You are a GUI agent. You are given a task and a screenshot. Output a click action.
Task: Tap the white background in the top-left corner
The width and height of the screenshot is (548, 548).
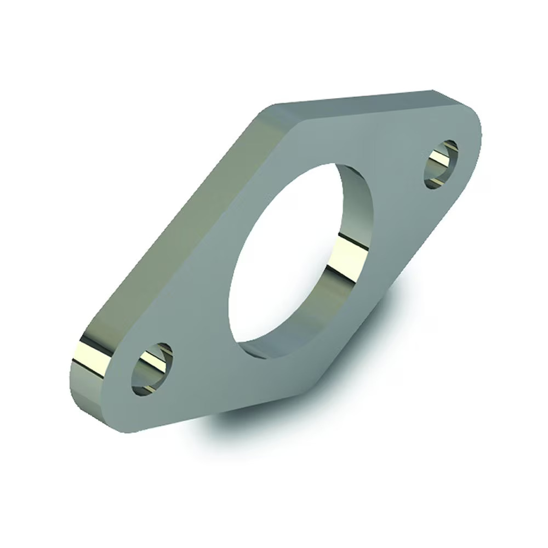coord(33,33)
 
